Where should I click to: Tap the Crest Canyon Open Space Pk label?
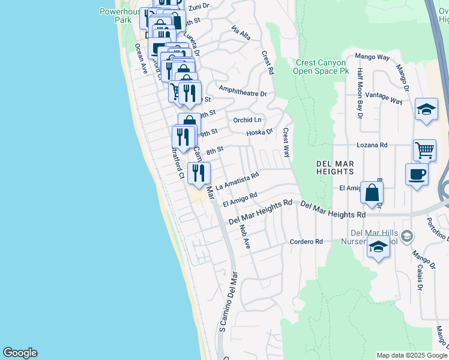coord(321,67)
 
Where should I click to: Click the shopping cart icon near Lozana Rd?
coord(424,149)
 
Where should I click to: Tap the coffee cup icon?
coord(417,175)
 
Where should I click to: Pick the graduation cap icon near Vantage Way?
coord(426,109)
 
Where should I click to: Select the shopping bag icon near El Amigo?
coord(372,193)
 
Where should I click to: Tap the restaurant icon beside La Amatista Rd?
coord(199,173)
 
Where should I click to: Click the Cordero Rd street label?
coord(306,242)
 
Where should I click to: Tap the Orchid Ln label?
coord(248,120)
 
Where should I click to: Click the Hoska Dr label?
coord(260,131)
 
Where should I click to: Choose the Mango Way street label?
coord(372,57)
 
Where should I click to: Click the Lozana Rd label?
coord(372,145)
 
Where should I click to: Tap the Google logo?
coord(20,353)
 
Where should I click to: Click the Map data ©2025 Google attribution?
coord(412,355)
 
